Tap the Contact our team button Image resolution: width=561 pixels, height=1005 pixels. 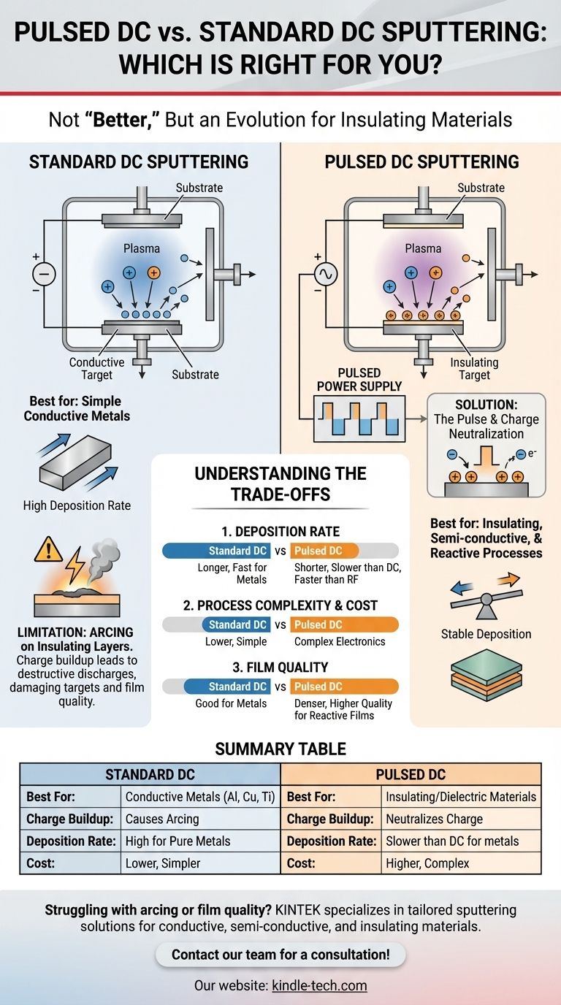pyautogui.click(x=280, y=954)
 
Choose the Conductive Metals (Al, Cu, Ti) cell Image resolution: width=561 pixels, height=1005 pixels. pyautogui.click(x=199, y=796)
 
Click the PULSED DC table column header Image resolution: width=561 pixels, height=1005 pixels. pyautogui.click(x=411, y=774)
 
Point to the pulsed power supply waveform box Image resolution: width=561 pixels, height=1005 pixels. pyautogui.click(x=359, y=419)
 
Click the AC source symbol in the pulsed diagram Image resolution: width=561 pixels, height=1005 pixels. pyautogui.click(x=324, y=275)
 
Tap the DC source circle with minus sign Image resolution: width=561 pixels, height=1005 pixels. pyautogui.click(x=44, y=275)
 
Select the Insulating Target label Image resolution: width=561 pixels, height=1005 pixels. pyautogui.click(x=474, y=368)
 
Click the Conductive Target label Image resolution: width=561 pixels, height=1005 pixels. pyautogui.click(x=96, y=368)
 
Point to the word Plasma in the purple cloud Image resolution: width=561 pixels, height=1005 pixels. pyautogui.click(x=423, y=248)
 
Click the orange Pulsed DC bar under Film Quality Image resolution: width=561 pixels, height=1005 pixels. pyautogui.click(x=345, y=687)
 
